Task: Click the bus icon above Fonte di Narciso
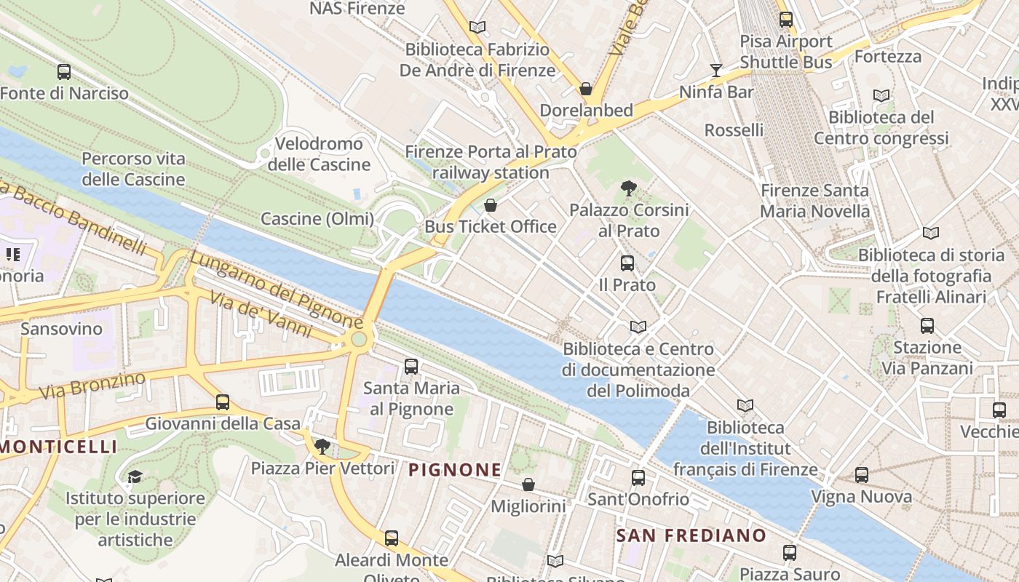[x=64, y=72]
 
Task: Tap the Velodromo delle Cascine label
[x=319, y=154]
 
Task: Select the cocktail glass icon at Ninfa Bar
[x=716, y=71]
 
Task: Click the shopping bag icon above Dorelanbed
[x=586, y=89]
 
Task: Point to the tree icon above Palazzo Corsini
[x=629, y=189]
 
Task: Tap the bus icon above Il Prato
[x=627, y=263]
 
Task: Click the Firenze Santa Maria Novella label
[x=814, y=201]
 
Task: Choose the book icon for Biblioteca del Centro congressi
[x=881, y=95]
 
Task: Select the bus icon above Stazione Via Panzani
[x=927, y=326]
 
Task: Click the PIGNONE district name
[x=455, y=470]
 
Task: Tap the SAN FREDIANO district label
[x=691, y=536]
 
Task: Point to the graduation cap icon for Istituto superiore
[x=135, y=477]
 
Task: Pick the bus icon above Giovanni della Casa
[x=223, y=402]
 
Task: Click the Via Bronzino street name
[x=92, y=386]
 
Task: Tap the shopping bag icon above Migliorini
[x=528, y=485]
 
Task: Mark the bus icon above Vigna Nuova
[x=862, y=475]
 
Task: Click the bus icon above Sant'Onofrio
[x=638, y=478]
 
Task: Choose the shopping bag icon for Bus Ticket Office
[x=491, y=205]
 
